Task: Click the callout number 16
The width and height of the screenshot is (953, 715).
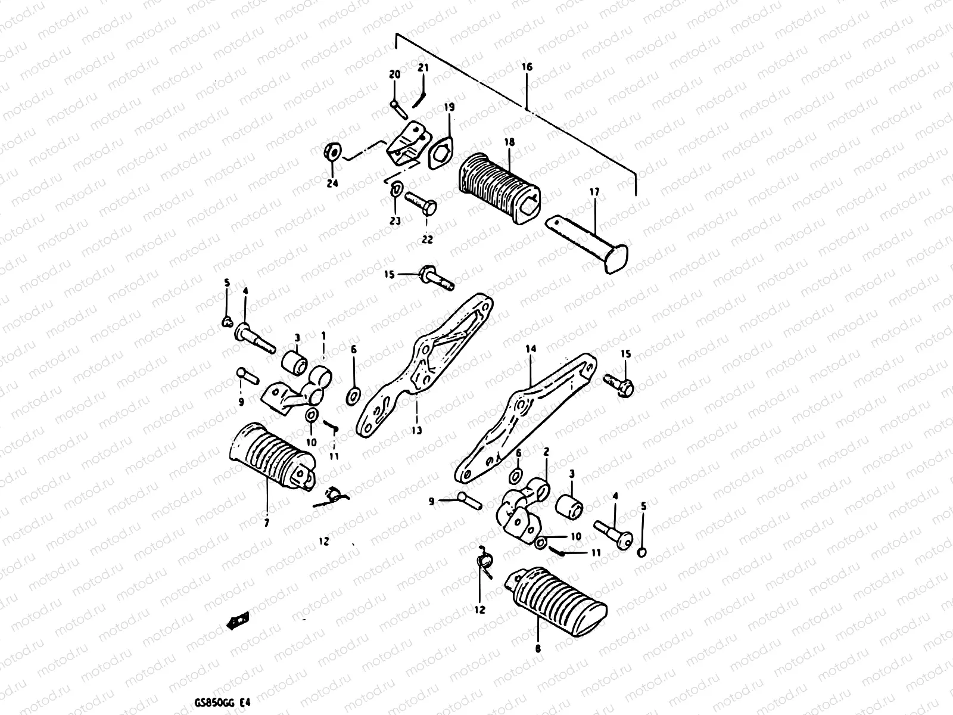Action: [x=527, y=67]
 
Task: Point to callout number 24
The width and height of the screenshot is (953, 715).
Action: [x=332, y=184]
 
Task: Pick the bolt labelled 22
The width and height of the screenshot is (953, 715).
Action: [x=422, y=202]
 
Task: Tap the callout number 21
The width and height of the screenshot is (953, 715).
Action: [x=423, y=68]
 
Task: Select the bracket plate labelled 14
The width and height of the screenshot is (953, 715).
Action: [x=524, y=417]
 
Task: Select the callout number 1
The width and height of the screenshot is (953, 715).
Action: [x=323, y=336]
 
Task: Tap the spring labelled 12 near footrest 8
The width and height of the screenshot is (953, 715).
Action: [x=485, y=563]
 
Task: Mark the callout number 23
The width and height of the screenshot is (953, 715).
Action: [x=395, y=221]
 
